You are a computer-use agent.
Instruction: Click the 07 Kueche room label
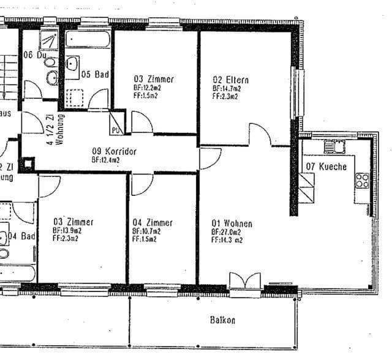[x=326, y=167]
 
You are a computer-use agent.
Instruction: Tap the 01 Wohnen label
[x=232, y=223]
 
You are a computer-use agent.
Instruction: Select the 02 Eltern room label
[x=232, y=80]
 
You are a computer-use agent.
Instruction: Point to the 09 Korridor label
[x=114, y=151]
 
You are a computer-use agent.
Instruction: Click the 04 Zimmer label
[x=153, y=222]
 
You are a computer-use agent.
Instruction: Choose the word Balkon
[x=222, y=320]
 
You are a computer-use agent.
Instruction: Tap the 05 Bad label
[x=95, y=75]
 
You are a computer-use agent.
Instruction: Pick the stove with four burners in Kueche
[x=362, y=180]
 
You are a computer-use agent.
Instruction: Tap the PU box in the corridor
[x=116, y=129]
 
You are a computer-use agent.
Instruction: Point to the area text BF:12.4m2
[x=105, y=160]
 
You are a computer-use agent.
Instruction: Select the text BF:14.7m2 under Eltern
[x=227, y=88]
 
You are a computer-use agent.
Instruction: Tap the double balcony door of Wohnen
[x=244, y=283]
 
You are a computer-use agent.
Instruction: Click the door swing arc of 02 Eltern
[x=260, y=133]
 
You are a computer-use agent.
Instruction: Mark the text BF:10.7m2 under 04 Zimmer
[x=146, y=231]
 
